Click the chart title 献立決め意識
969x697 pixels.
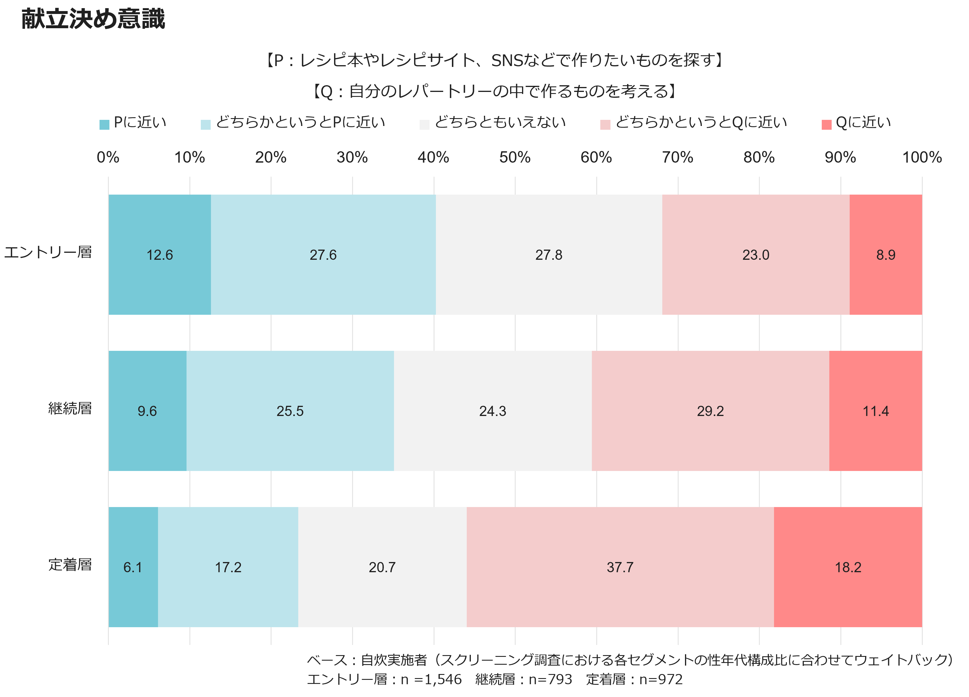point(93,19)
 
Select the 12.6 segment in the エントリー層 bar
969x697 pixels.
point(159,255)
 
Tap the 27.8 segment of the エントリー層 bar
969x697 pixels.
point(549,255)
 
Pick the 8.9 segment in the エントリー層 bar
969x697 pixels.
point(886,255)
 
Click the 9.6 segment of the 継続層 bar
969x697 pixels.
point(147,411)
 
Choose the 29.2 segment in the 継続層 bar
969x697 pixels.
point(710,411)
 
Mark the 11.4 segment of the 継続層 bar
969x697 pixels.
point(875,411)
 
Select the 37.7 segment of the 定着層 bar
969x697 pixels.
point(620,567)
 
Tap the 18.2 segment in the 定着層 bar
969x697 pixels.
point(848,567)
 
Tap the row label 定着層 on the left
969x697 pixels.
point(70,565)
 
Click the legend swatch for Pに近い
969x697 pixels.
point(104,125)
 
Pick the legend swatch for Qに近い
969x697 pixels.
point(826,125)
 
